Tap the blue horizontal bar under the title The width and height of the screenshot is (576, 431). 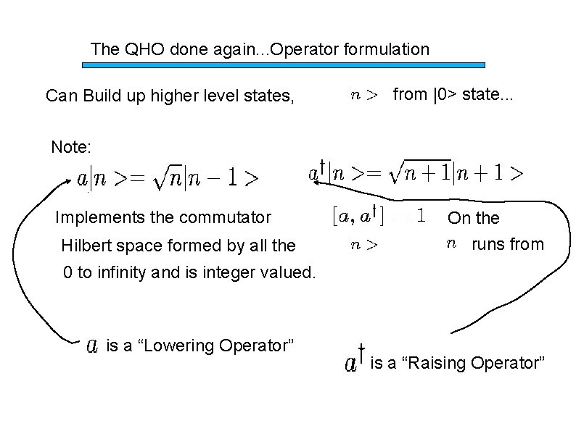coord(283,64)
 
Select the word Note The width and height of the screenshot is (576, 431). coord(70,148)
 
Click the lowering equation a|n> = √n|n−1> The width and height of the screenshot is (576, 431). coord(168,179)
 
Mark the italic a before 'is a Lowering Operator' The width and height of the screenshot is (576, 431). coord(93,346)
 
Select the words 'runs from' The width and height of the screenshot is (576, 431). coord(507,244)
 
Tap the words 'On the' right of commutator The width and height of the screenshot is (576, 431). coord(473,217)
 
